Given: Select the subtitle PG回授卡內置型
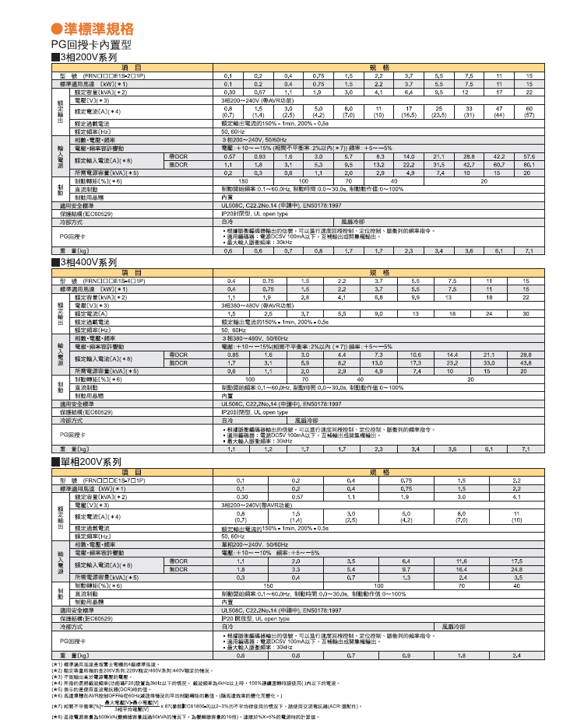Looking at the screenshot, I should click(x=87, y=46).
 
